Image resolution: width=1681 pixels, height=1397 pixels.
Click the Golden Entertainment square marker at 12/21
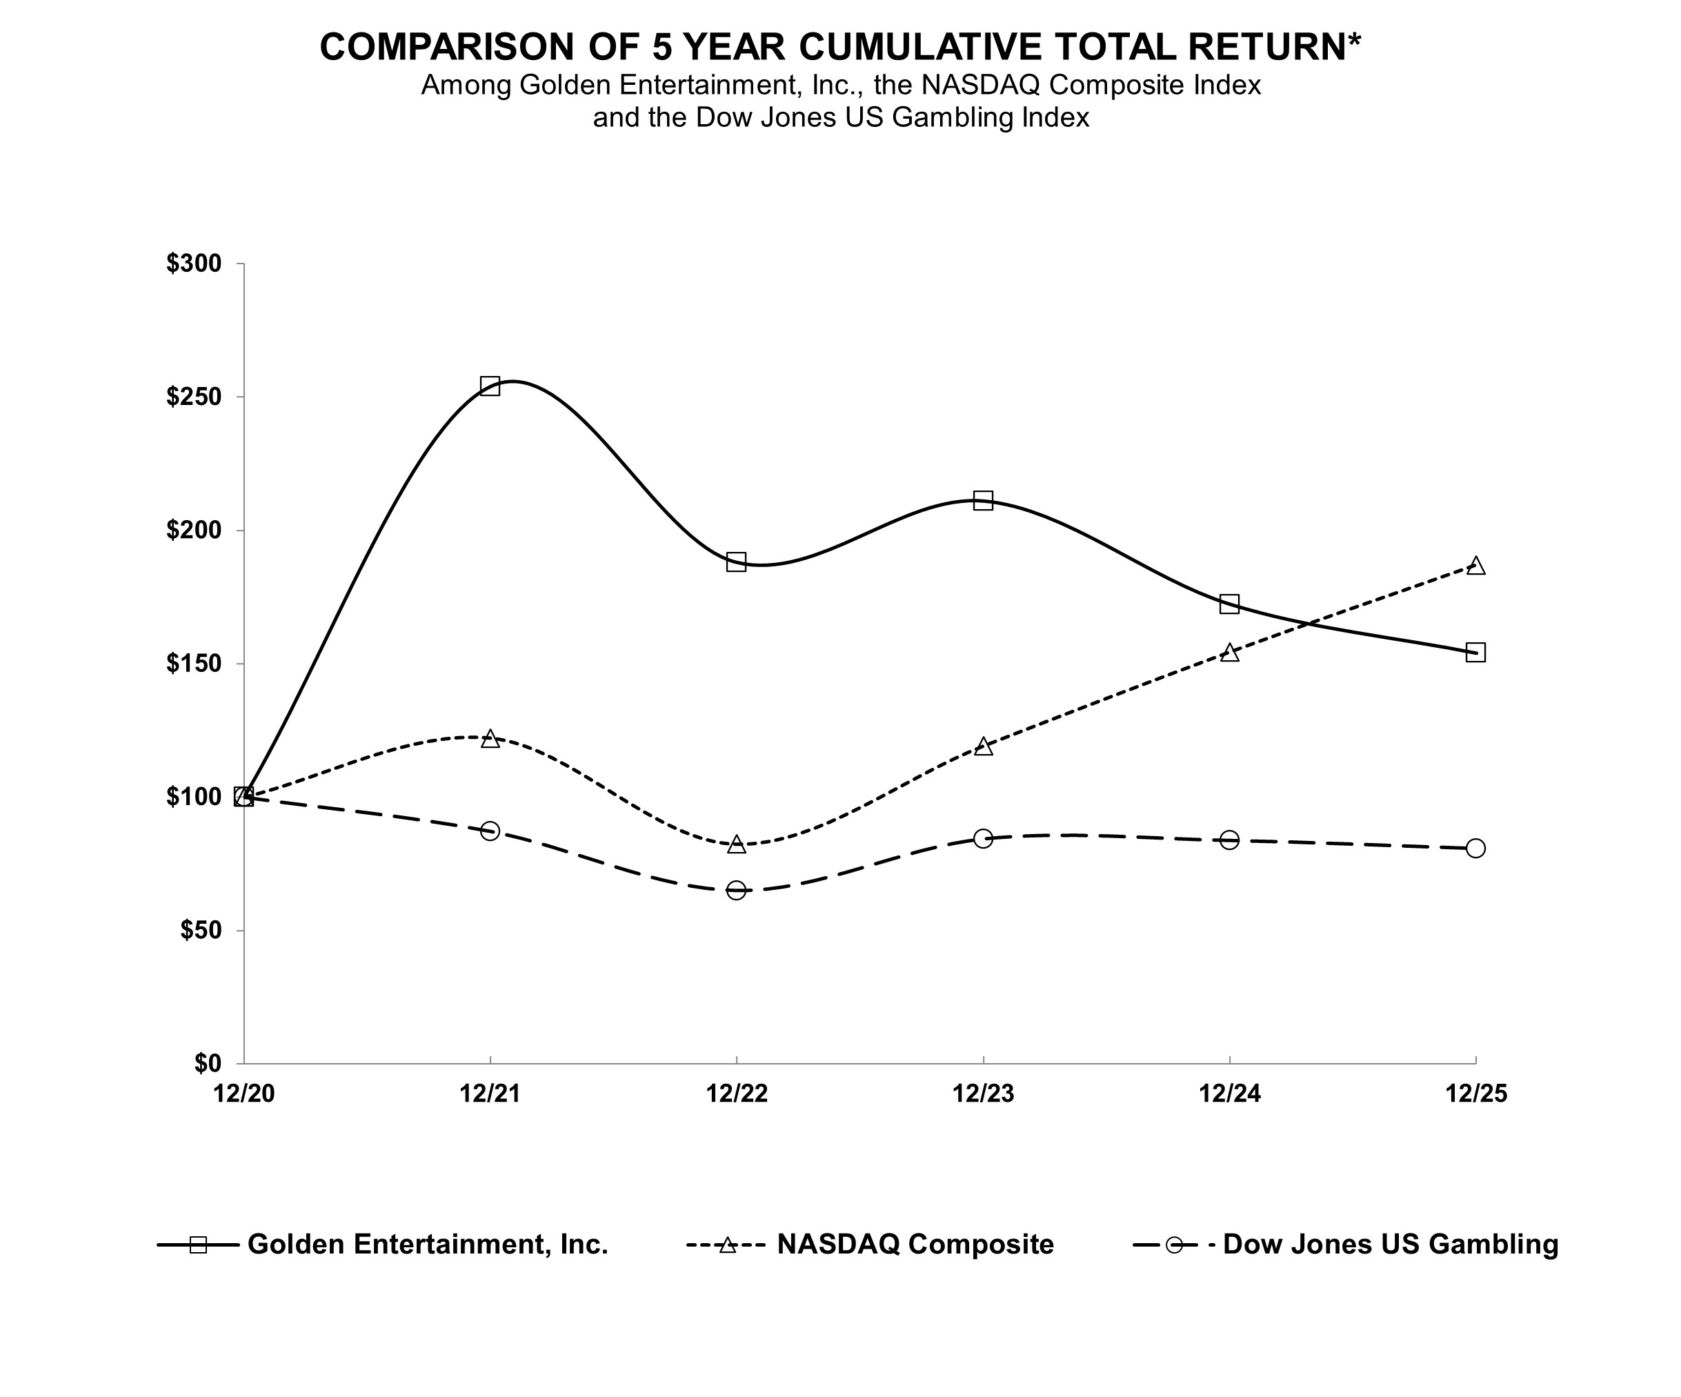(x=490, y=386)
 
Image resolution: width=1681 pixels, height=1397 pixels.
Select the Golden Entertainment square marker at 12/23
(x=983, y=500)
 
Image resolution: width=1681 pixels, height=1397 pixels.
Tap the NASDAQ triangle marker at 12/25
(x=1476, y=566)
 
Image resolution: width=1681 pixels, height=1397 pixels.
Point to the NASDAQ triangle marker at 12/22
(x=737, y=844)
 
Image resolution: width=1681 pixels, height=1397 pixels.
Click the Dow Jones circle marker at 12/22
(x=737, y=890)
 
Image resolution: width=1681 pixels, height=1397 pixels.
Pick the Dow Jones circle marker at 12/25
(x=1476, y=848)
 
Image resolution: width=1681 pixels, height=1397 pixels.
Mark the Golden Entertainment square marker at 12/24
(x=1229, y=604)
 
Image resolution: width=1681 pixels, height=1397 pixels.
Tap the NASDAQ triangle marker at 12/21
(x=490, y=738)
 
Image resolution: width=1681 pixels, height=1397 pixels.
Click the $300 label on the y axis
(x=193, y=264)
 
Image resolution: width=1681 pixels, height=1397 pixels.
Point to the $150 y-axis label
(x=193, y=664)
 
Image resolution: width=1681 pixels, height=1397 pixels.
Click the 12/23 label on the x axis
(x=983, y=1093)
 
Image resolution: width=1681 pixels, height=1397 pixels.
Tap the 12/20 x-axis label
(x=243, y=1093)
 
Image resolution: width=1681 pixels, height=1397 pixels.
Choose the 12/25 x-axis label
(x=1476, y=1093)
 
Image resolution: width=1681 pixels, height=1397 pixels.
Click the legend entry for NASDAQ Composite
(x=915, y=1244)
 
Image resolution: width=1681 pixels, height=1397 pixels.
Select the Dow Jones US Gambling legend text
(x=1391, y=1244)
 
